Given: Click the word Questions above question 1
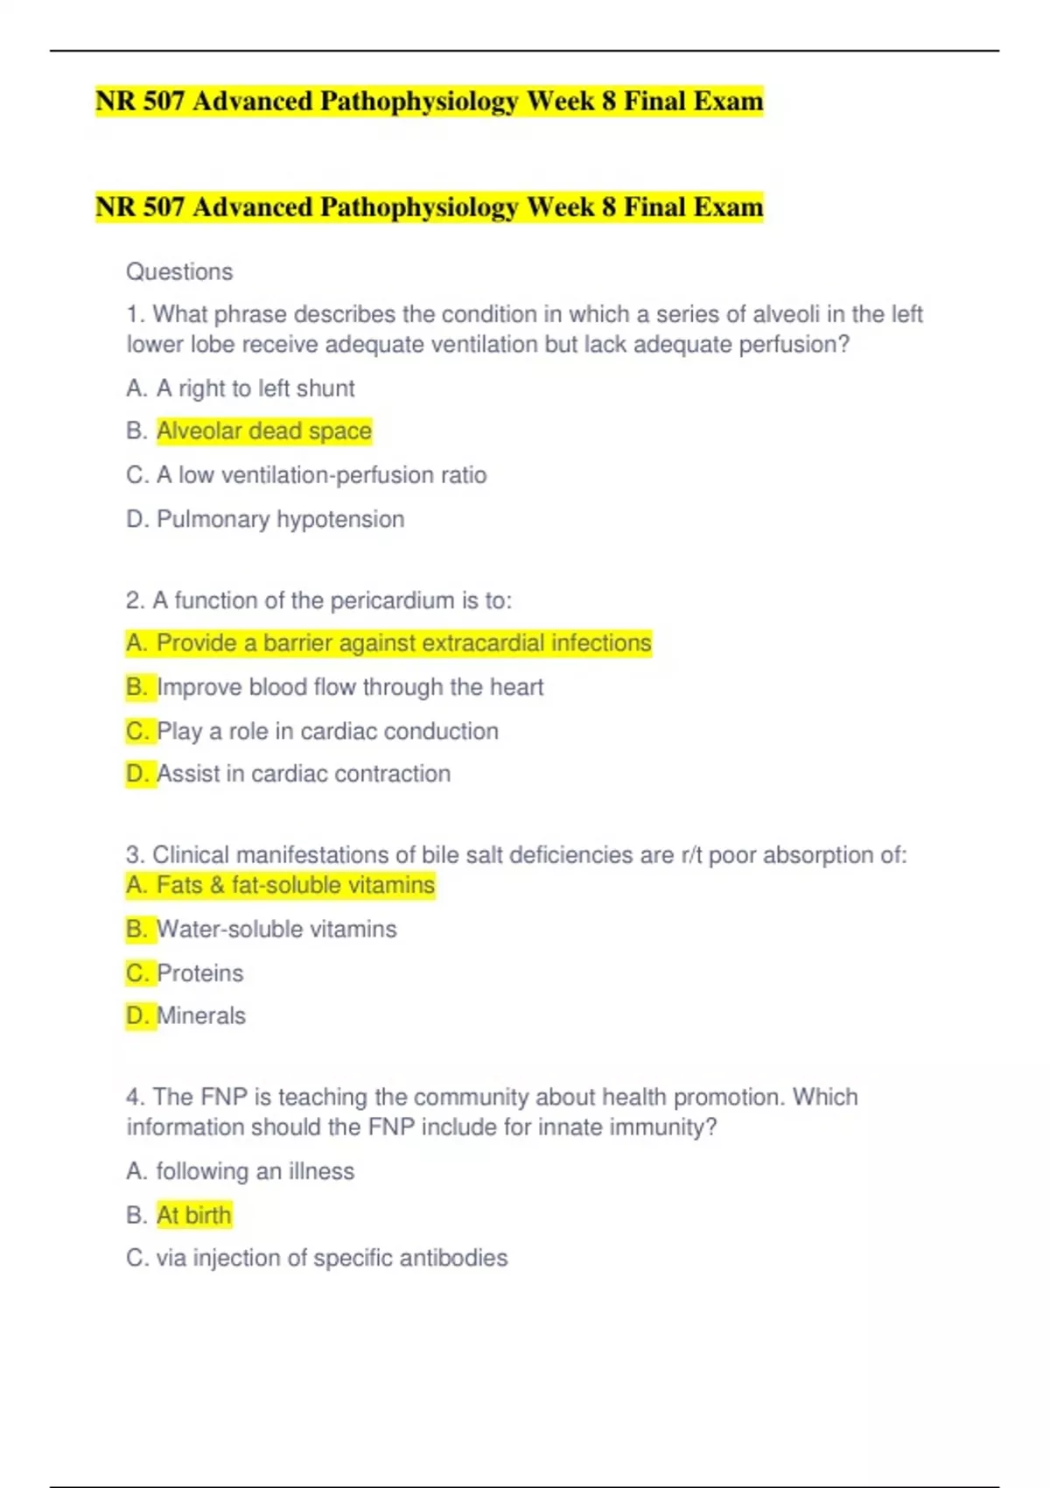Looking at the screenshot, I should (179, 272).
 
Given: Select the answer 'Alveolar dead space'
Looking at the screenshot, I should (264, 432).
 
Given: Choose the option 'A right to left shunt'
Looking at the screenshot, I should (255, 389).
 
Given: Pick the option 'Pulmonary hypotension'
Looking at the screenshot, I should (280, 519).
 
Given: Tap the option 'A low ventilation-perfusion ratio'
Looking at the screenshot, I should (321, 475).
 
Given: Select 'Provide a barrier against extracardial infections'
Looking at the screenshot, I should (403, 643).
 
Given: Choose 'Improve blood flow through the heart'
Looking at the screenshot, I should (350, 687).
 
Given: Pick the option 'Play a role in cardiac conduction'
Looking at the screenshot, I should (327, 731).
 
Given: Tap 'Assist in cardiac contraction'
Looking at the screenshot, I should (304, 774).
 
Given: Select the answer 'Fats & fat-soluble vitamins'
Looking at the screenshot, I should (295, 885).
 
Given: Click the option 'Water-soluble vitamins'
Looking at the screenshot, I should (276, 929).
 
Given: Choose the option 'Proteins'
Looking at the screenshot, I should (200, 973).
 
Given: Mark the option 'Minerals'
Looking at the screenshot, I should (201, 1016).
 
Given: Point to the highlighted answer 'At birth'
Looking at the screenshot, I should (194, 1215).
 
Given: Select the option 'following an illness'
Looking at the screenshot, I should (255, 1171).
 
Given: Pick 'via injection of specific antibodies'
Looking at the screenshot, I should (332, 1258).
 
